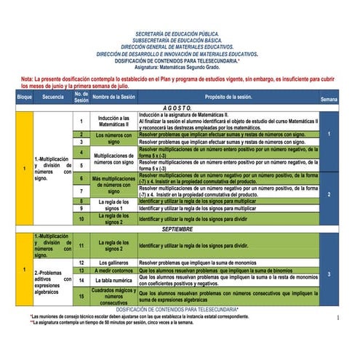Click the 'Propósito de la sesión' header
click(228, 96)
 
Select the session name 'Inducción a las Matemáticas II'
click(113, 120)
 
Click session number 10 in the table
click(81, 218)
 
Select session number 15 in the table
click(81, 296)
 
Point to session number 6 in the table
click(81, 178)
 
